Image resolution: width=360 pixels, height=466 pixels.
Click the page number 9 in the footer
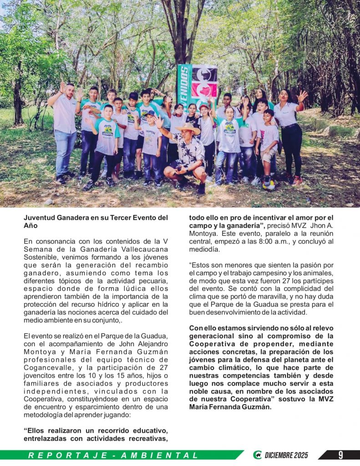point(340,455)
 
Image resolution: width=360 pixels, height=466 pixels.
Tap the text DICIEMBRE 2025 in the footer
point(286,455)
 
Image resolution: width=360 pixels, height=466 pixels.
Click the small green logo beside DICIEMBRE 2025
point(258,455)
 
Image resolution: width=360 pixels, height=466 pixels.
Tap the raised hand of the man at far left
point(61,86)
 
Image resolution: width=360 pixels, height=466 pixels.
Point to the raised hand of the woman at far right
point(302,96)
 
